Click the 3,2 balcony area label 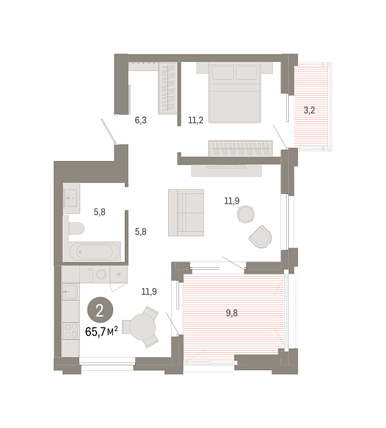(x=309, y=110)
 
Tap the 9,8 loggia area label (x=232, y=313)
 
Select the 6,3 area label (x=141, y=120)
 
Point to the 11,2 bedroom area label (x=196, y=120)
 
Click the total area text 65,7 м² (x=101, y=332)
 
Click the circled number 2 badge (x=100, y=310)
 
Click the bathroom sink (x=71, y=198)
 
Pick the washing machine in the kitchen (x=101, y=274)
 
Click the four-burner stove (x=70, y=330)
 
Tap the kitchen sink (x=70, y=292)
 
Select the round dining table (x=143, y=326)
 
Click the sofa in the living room (x=186, y=213)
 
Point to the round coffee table (x=246, y=214)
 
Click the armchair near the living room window (x=261, y=237)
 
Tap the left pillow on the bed (x=223, y=73)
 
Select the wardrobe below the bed (x=241, y=149)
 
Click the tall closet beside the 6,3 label (x=167, y=89)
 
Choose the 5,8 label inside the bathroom (x=99, y=212)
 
